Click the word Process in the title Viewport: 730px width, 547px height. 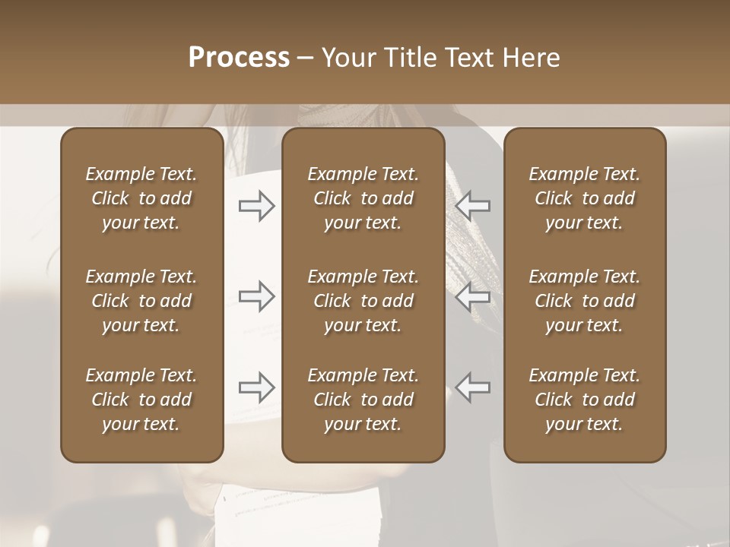coord(239,58)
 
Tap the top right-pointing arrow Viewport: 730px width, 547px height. coord(257,206)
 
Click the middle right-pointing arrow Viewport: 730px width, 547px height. coord(257,296)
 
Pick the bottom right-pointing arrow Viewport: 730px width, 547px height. coord(257,387)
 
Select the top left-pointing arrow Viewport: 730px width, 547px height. coord(473,206)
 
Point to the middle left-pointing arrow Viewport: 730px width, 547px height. coord(473,296)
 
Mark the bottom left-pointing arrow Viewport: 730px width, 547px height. coord(473,387)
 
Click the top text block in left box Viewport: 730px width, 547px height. coord(141,198)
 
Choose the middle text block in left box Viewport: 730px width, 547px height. coord(141,301)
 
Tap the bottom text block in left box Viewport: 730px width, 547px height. coord(141,400)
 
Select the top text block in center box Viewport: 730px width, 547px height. coord(363,198)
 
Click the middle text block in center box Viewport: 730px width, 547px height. coord(363,301)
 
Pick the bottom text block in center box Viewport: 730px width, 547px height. coord(363,400)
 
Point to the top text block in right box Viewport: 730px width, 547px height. coord(585,198)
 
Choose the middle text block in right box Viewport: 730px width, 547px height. coord(585,301)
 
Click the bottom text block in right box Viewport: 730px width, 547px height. coord(585,400)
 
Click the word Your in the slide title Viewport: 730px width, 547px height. coord(347,58)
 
